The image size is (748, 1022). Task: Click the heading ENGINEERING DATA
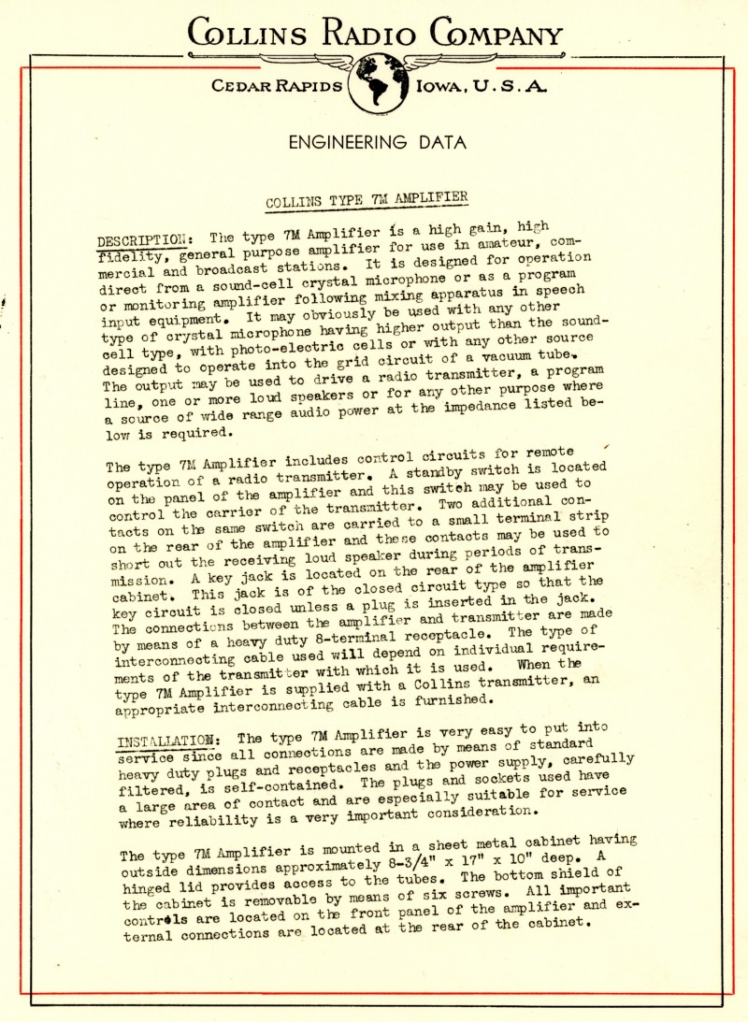tap(377, 143)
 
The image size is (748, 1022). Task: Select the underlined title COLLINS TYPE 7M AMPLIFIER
tap(367, 199)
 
